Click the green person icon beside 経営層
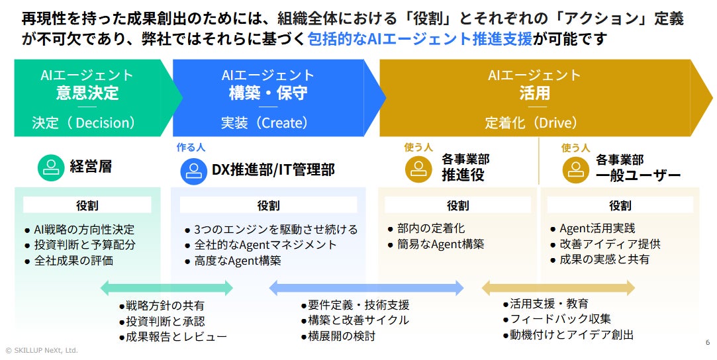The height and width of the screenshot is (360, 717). pos(50,168)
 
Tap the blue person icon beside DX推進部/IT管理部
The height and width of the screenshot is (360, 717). pos(193,170)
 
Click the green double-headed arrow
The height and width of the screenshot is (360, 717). pos(166,288)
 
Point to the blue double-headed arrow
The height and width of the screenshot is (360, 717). pos(366,287)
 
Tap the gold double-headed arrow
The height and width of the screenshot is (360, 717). pos(557,288)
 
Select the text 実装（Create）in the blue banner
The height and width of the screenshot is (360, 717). pos(265,122)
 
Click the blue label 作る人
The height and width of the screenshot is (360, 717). pos(190,148)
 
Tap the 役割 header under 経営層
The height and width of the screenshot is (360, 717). pos(87,205)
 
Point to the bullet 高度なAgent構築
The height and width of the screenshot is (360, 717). pos(238,261)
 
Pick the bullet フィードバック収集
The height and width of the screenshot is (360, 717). pos(560,319)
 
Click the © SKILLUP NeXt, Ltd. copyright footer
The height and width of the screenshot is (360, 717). pos(41,350)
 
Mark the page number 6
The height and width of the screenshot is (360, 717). pos(707,342)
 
